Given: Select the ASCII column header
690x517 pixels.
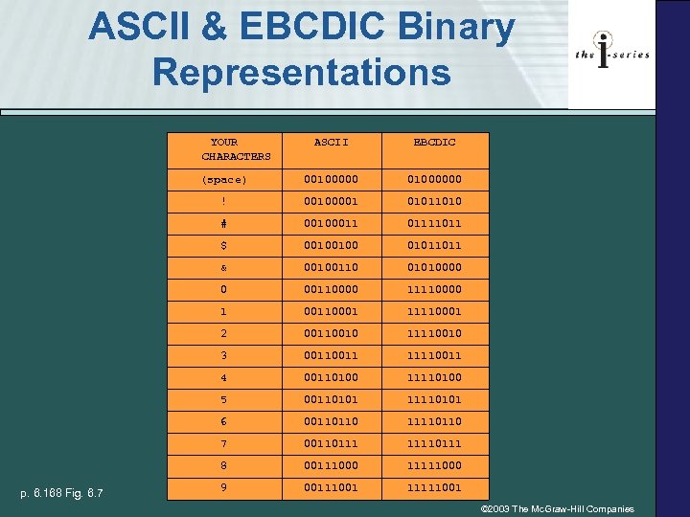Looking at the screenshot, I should [332, 143].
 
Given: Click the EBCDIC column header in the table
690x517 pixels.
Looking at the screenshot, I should [434, 143].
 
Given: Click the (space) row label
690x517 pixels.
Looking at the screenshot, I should [224, 179].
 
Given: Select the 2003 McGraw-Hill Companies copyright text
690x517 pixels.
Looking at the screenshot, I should [557, 508].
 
